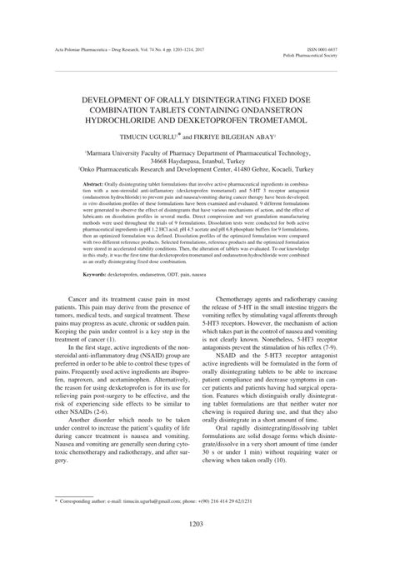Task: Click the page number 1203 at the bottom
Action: pyautogui.click(x=197, y=546)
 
